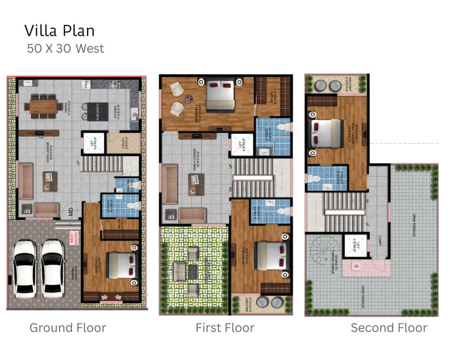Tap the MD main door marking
point(70,215)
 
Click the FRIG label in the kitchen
point(87,84)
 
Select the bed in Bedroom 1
point(121,265)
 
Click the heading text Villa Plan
point(59,31)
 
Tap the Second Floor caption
point(388,327)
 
